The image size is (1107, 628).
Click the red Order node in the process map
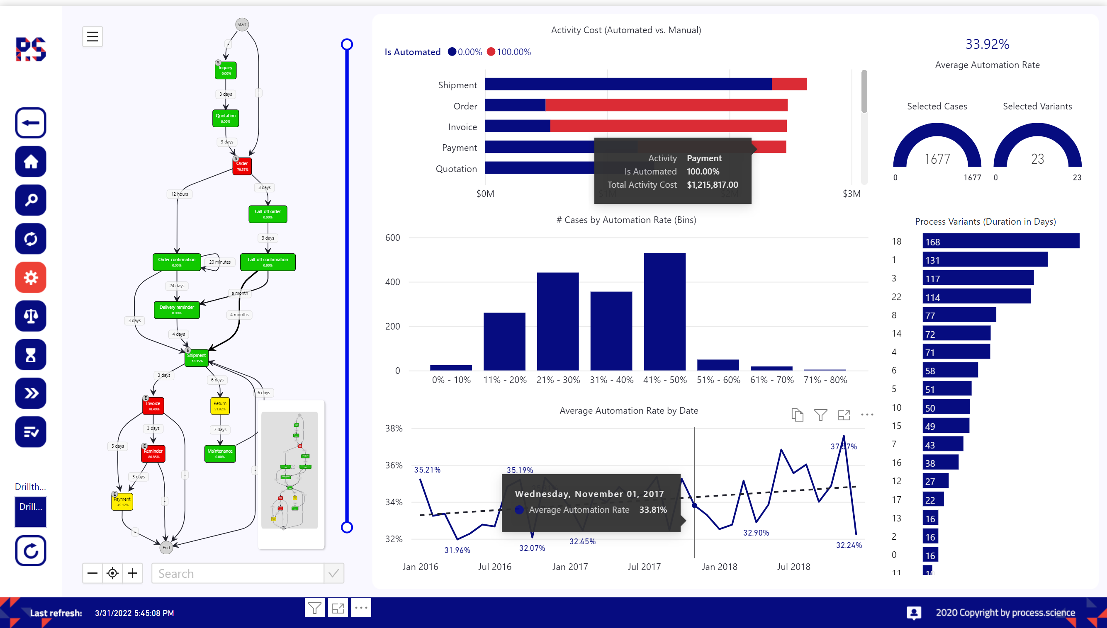[242, 166]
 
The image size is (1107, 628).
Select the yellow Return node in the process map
[220, 406]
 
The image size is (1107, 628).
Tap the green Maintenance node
[220, 453]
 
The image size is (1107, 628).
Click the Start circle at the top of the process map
[242, 24]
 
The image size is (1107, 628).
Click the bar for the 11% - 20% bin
[504, 341]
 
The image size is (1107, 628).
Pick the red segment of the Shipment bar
[788, 84]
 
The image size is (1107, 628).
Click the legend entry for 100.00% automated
[509, 52]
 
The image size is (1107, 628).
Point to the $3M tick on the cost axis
[851, 194]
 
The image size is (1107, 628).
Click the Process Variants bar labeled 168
[1000, 241]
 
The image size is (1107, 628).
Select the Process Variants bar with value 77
[959, 315]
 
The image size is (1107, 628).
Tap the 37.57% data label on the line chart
[844, 446]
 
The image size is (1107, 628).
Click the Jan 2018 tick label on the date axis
[720, 567]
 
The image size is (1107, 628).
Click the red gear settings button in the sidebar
[31, 277]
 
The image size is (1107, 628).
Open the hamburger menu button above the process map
[92, 36]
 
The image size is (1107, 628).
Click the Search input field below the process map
[237, 573]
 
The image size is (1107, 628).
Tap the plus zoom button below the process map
[132, 573]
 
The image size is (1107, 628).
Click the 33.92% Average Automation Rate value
[987, 44]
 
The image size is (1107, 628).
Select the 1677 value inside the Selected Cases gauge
[937, 159]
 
